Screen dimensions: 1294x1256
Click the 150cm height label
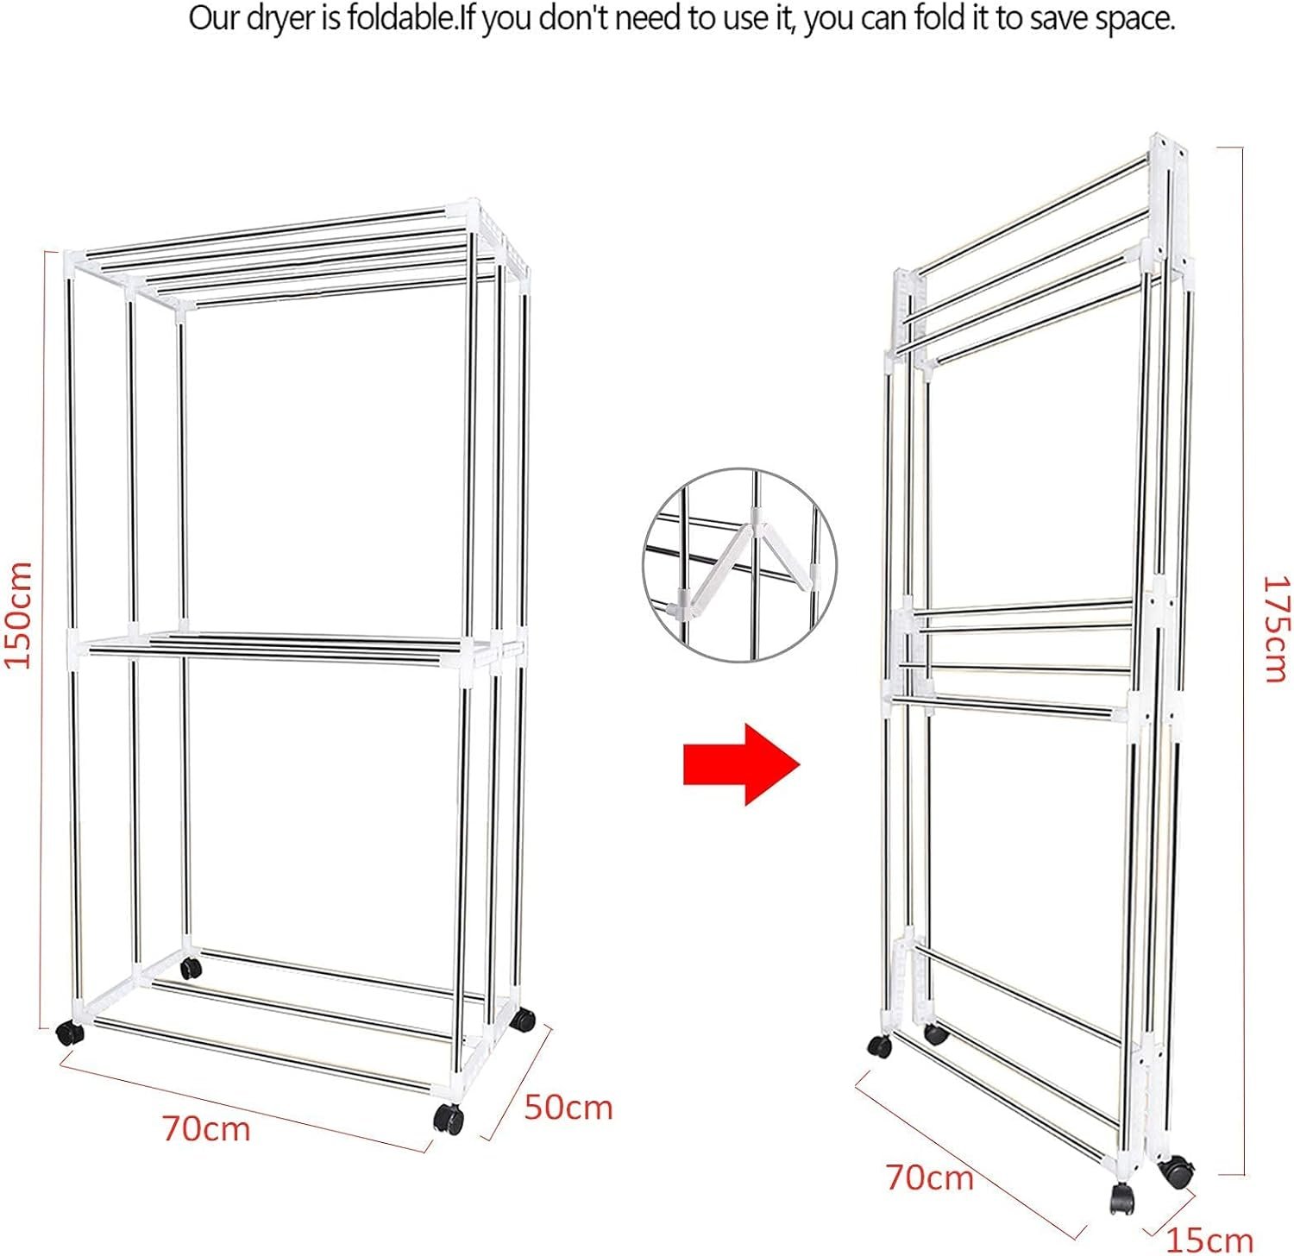tap(18, 614)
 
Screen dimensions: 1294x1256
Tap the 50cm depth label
tap(568, 1107)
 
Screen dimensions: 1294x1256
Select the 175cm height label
tap(1275, 629)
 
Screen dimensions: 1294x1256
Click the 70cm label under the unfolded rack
tap(207, 1128)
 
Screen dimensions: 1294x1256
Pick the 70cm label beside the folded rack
tap(930, 1177)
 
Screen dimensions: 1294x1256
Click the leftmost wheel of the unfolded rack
tap(69, 1033)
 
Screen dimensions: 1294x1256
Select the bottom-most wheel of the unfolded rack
tap(449, 1120)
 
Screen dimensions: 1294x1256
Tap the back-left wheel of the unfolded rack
tap(191, 968)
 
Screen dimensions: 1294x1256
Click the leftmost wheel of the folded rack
tap(879, 1046)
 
